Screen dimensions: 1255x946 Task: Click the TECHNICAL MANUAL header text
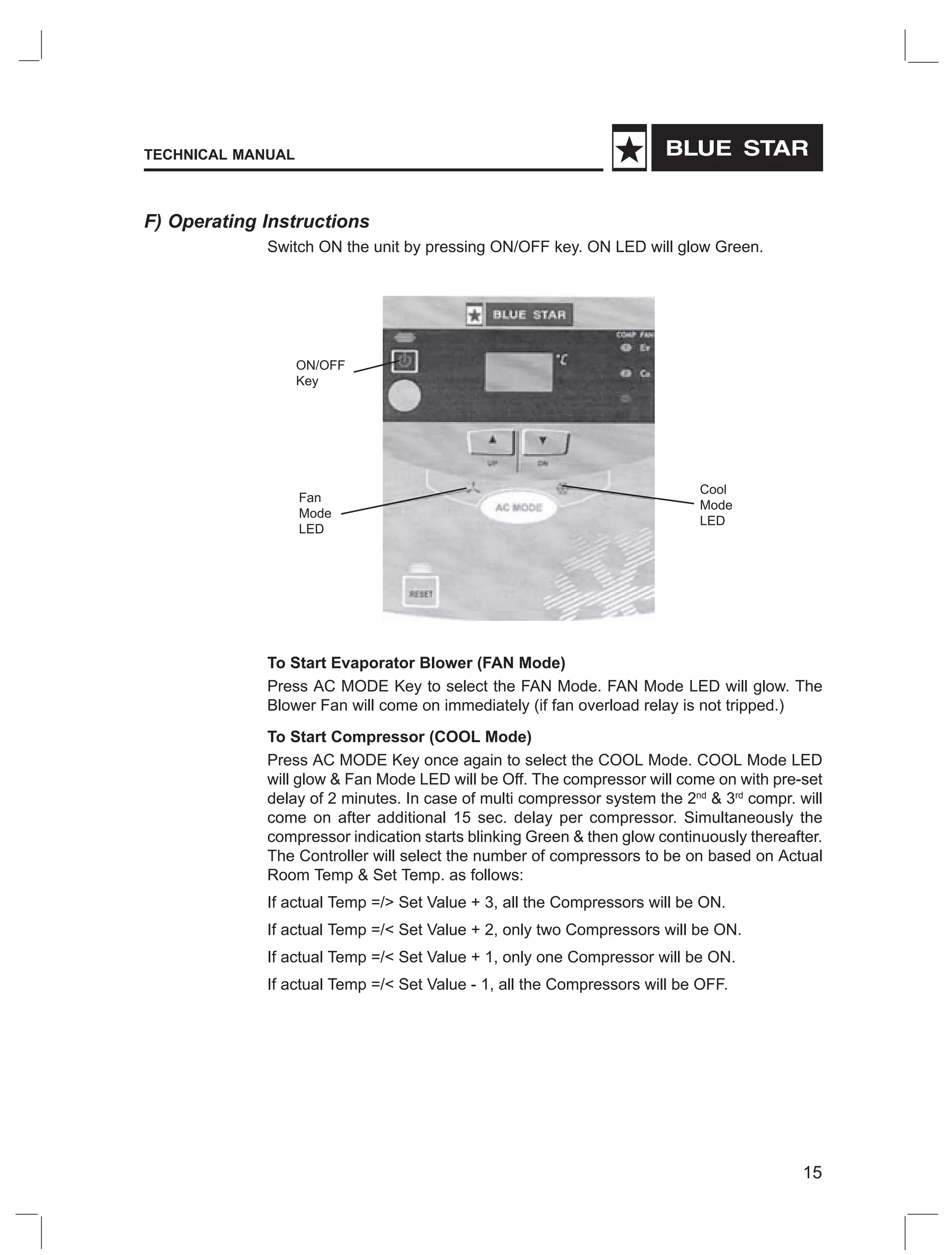tap(219, 155)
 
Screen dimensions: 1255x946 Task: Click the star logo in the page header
tap(629, 149)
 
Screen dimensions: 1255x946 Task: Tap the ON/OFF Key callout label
tap(320, 373)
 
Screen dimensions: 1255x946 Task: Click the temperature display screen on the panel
tap(518, 372)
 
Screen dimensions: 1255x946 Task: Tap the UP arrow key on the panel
tap(491, 442)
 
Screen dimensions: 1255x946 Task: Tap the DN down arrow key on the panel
tap(544, 442)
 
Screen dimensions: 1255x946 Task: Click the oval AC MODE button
tap(518, 507)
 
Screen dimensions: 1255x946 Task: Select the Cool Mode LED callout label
tap(715, 505)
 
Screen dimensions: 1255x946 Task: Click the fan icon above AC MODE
tap(472, 487)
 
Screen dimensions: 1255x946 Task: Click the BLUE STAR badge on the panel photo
tap(519, 315)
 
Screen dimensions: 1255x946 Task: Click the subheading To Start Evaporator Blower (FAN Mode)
tap(416, 663)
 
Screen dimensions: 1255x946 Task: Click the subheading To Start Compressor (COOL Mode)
tap(399, 736)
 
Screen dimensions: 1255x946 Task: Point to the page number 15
tap(812, 1172)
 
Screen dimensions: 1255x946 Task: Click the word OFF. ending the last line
tap(710, 984)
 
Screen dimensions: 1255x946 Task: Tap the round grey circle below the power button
tap(404, 395)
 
